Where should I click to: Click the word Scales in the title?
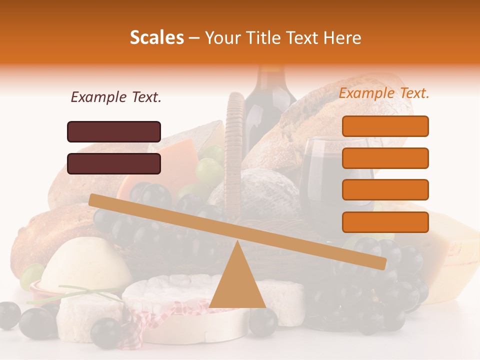click(156, 38)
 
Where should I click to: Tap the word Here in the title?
click(343, 38)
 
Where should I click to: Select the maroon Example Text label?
click(116, 97)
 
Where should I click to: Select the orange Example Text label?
click(384, 93)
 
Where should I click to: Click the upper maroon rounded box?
click(114, 131)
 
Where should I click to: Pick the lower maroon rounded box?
click(114, 163)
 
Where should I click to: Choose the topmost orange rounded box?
click(385, 126)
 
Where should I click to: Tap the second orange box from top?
click(385, 158)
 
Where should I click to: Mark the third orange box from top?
click(385, 189)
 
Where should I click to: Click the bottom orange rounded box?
click(385, 222)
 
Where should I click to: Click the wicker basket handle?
click(234, 145)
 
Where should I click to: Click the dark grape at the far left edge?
click(9, 315)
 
